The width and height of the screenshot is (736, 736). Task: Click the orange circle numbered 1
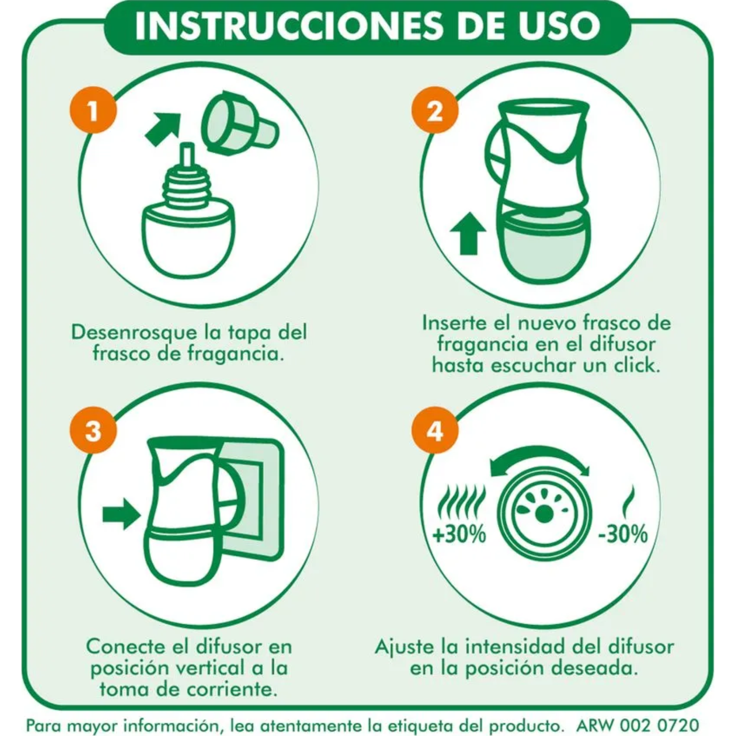click(x=93, y=110)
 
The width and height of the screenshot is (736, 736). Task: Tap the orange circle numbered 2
click(x=435, y=110)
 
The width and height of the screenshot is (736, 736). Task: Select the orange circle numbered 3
click(x=93, y=431)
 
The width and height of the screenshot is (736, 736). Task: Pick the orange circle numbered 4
click(x=435, y=431)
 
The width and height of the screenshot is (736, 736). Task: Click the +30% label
click(x=459, y=534)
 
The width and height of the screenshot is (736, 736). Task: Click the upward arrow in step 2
click(x=468, y=233)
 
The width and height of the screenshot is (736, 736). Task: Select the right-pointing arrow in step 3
click(x=121, y=514)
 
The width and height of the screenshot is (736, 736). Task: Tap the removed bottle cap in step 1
click(x=238, y=123)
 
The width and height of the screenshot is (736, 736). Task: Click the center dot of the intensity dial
click(x=543, y=514)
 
